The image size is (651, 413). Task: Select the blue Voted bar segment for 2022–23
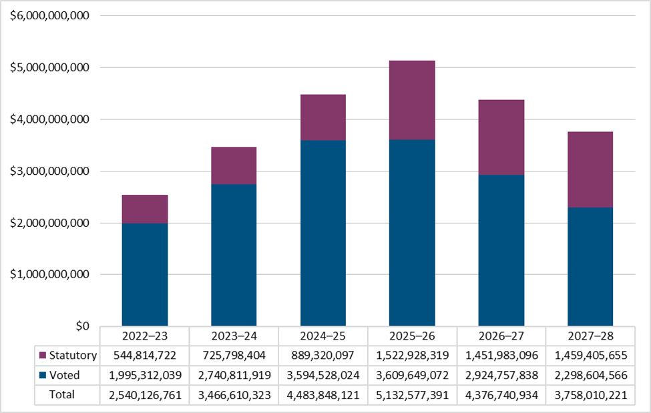click(x=145, y=274)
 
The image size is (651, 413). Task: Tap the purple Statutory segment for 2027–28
click(x=590, y=169)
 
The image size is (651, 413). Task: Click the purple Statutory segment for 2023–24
click(x=234, y=165)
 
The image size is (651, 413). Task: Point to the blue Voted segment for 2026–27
click(x=501, y=250)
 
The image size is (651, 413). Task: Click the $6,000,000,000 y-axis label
click(x=49, y=16)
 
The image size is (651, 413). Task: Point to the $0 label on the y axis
click(x=82, y=326)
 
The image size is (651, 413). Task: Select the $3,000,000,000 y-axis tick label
click(x=49, y=171)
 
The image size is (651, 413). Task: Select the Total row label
click(x=62, y=394)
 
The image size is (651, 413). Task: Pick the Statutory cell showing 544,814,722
click(x=145, y=356)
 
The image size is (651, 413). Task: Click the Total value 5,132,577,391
click(x=412, y=394)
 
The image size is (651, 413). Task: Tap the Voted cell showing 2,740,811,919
click(x=234, y=375)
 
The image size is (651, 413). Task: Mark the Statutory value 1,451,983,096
click(x=501, y=356)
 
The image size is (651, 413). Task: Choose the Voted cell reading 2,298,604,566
click(x=590, y=375)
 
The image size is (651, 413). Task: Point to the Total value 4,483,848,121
click(x=323, y=394)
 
